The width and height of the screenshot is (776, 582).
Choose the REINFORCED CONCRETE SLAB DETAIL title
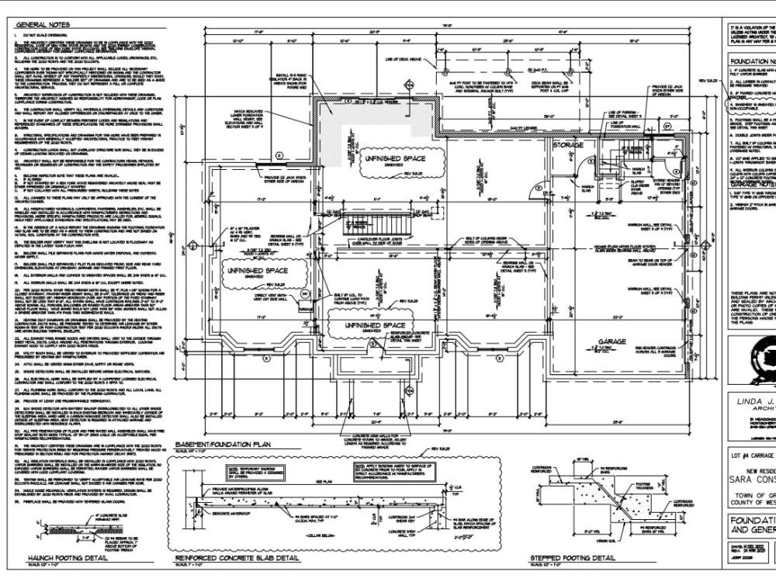click(x=237, y=558)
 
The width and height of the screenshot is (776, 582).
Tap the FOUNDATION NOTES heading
click(x=751, y=61)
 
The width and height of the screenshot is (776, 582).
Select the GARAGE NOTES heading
click(x=751, y=183)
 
